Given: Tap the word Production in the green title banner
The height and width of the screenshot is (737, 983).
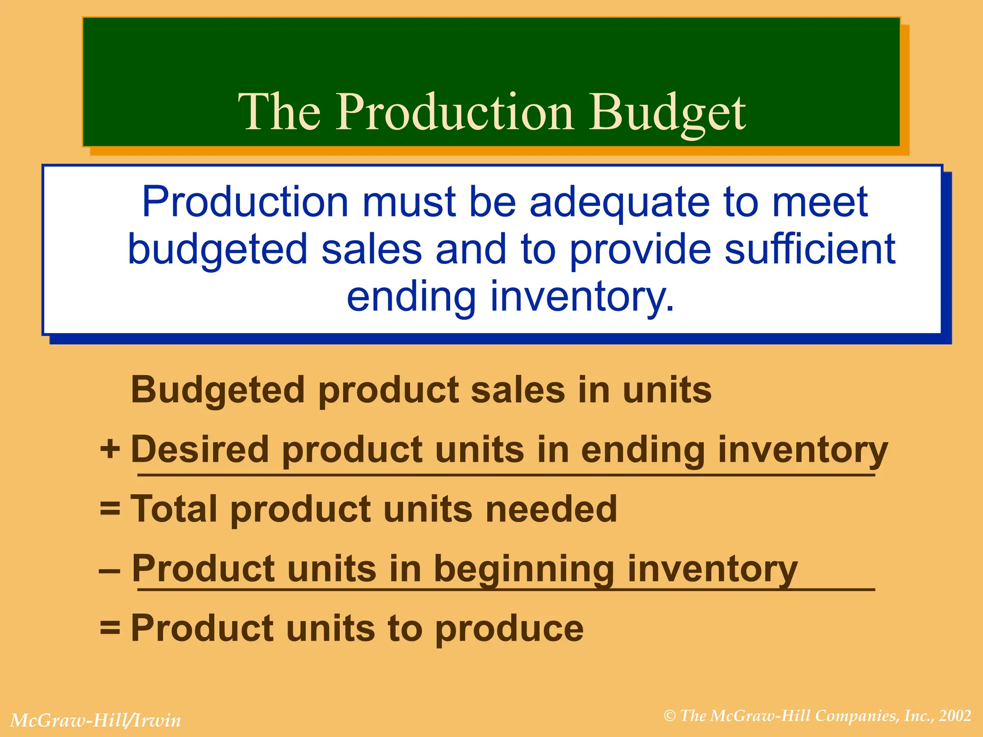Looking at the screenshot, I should [x=454, y=112].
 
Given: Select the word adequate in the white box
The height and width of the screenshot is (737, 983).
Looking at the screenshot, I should [x=619, y=202].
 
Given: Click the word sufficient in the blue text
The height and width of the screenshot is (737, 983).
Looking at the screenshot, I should [x=810, y=250].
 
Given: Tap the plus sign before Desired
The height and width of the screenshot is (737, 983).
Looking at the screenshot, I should [x=110, y=450].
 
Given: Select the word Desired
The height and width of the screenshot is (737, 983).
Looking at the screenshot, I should [x=200, y=450].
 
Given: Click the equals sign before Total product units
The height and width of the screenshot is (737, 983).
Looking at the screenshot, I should [x=110, y=508].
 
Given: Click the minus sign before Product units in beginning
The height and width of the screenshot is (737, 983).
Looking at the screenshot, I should [x=109, y=571].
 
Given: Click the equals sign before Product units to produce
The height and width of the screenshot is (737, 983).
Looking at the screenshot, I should [x=110, y=627].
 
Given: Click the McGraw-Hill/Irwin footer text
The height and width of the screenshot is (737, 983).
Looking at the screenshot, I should [x=96, y=720].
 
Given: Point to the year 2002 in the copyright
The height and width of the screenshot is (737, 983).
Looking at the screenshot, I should [x=956, y=716].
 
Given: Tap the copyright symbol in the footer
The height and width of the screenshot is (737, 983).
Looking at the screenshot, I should [x=670, y=716].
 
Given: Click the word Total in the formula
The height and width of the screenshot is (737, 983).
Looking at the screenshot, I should [x=177, y=509].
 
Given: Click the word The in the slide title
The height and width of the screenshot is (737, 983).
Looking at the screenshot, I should [x=279, y=112].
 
